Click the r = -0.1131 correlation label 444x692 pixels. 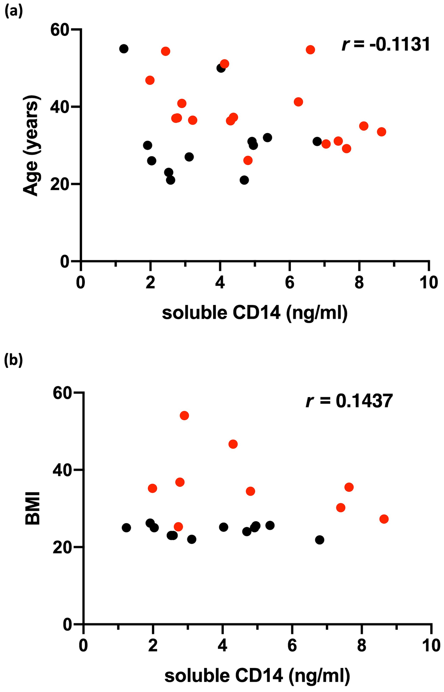(x=385, y=44)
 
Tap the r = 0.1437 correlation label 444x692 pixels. (x=349, y=401)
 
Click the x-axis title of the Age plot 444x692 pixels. (x=254, y=313)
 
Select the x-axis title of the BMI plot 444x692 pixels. (x=257, y=676)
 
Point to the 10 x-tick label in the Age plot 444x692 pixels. (x=428, y=282)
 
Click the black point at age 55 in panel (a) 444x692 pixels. (x=124, y=49)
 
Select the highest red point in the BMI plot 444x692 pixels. (x=184, y=415)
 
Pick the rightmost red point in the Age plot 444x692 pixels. (x=381, y=132)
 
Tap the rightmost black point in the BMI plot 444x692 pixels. (x=320, y=540)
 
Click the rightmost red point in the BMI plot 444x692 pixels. (x=384, y=519)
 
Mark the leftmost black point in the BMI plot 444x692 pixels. (x=127, y=528)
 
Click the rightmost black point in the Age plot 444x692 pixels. (x=317, y=141)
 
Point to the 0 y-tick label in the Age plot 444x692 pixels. (x=65, y=262)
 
